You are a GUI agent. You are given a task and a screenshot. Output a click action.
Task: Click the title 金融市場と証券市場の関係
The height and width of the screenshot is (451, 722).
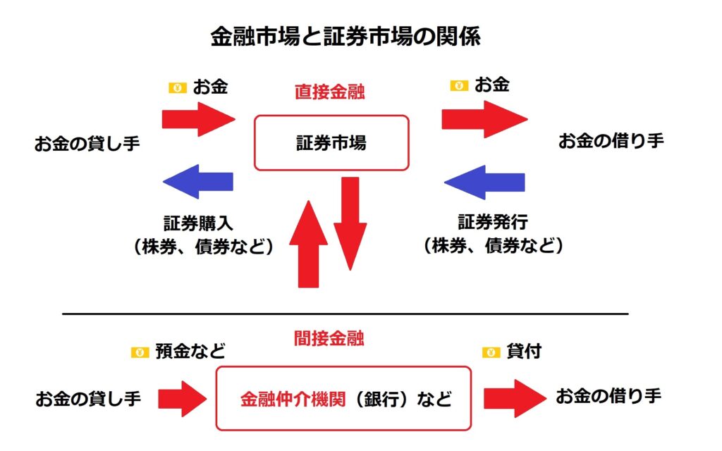[x=345, y=37]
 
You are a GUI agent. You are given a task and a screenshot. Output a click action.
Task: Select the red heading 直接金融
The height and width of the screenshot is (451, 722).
[x=330, y=92]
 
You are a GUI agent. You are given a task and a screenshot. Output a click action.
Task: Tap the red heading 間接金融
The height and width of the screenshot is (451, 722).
[x=329, y=338]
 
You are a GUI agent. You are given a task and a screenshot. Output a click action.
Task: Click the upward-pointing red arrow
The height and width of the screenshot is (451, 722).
[x=309, y=244]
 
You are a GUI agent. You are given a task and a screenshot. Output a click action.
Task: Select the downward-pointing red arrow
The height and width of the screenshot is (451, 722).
[x=350, y=223]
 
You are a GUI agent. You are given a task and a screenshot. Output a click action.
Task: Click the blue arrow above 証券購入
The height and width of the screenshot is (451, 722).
[x=198, y=181]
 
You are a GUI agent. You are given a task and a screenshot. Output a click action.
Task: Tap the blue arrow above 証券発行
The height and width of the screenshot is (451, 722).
[x=484, y=183]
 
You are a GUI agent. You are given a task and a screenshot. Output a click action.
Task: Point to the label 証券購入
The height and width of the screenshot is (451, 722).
[x=198, y=223]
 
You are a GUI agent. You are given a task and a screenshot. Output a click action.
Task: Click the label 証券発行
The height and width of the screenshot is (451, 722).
[x=493, y=222]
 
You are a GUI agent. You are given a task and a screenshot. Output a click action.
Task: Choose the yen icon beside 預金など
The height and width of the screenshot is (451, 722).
[x=140, y=352]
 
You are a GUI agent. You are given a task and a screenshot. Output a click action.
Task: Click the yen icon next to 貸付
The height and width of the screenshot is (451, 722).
[x=491, y=352]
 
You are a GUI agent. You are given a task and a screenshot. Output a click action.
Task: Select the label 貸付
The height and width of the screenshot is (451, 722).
[x=524, y=352]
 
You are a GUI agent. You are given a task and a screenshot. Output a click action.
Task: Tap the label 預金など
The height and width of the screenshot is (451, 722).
[x=190, y=352]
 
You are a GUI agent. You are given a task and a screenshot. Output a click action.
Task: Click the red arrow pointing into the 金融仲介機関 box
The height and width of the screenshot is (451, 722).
[x=183, y=399]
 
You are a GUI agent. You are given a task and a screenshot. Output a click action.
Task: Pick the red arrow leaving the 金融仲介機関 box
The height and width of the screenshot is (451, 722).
[x=515, y=399]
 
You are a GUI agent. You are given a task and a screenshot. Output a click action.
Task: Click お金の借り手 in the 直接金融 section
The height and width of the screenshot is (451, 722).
[x=611, y=141]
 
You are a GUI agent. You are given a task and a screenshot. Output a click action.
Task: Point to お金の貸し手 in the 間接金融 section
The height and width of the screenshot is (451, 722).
[x=88, y=399]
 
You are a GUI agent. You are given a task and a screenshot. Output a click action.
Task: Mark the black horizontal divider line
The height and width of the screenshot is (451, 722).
[x=345, y=314]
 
